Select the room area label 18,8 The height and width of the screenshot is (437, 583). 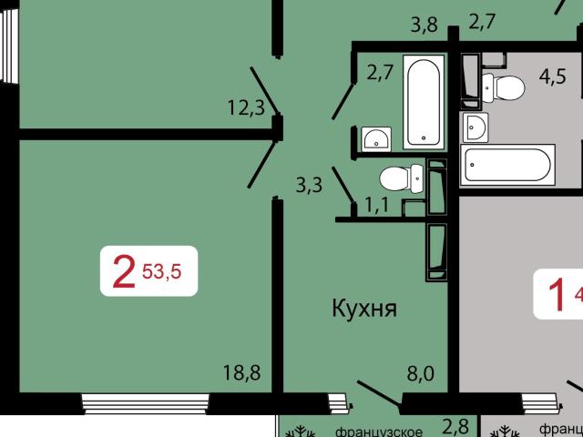coord(241,372)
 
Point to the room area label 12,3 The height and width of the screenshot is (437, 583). coord(245,109)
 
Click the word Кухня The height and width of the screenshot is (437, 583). coord(363,309)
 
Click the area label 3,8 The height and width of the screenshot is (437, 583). coord(424,25)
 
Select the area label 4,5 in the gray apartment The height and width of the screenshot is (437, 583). coord(552,76)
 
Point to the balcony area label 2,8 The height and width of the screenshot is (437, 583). coord(455,426)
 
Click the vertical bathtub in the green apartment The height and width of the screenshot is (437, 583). coord(424,102)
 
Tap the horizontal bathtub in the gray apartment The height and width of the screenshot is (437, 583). coord(506,166)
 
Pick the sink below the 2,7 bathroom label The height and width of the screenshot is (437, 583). coord(375,138)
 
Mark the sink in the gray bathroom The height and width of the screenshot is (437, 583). coord(475,127)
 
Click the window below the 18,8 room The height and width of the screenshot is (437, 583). coord(138,401)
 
